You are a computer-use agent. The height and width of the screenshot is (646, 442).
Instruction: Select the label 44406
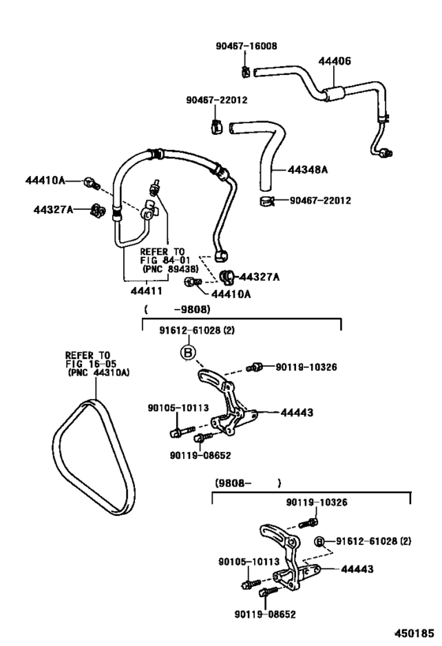[x=335, y=59]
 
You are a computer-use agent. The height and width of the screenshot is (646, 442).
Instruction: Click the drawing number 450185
[x=410, y=632]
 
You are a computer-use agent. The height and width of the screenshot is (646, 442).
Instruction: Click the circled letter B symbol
[x=188, y=353]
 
